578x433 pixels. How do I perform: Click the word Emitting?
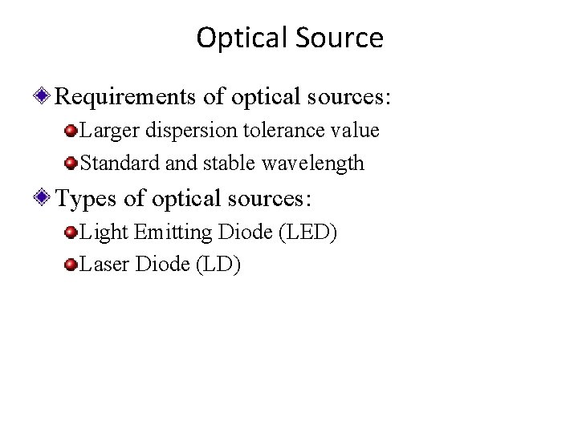169,233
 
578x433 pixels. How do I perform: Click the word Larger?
108,132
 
